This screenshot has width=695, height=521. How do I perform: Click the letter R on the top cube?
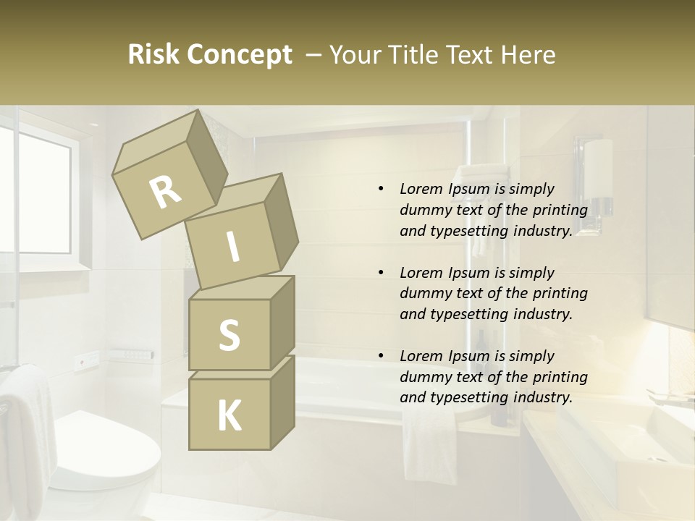tap(165, 192)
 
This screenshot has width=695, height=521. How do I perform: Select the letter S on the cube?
tap(229, 335)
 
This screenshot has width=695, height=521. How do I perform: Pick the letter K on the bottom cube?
tap(229, 416)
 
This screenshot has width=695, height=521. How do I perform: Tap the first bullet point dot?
tap(381, 189)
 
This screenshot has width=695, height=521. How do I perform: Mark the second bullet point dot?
tap(381, 273)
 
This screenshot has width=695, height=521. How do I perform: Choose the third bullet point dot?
tap(381, 356)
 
